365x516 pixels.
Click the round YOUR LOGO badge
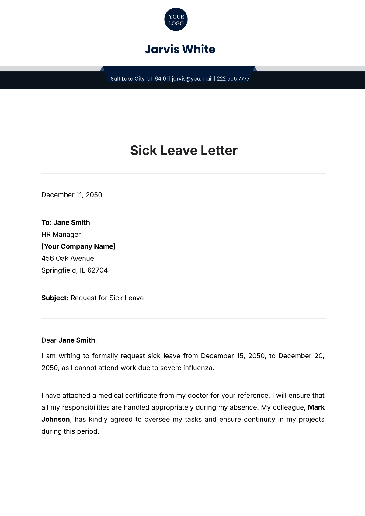[176, 19]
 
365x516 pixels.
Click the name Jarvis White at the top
[180, 49]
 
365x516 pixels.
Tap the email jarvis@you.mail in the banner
[192, 79]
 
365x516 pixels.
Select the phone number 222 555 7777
[233, 79]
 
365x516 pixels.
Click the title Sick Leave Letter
[184, 150]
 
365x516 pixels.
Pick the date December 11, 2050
[72, 195]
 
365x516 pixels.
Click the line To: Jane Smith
[66, 222]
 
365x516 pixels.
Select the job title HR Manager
[61, 234]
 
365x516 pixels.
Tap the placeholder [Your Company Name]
[78, 246]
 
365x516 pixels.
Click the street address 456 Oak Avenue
[68, 258]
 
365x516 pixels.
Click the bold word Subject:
[55, 298]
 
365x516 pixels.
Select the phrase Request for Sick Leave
[107, 298]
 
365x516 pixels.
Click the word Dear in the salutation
[49, 340]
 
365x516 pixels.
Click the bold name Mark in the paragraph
[316, 407]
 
